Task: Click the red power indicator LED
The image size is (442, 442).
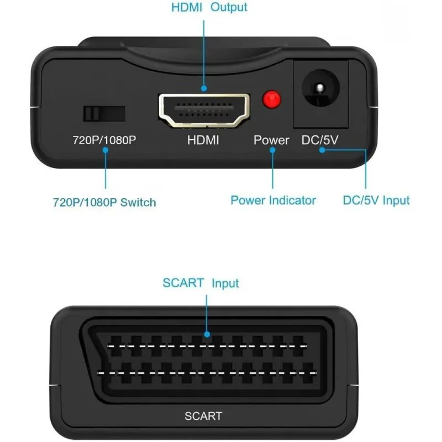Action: (x=271, y=99)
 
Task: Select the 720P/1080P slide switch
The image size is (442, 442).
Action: (x=104, y=113)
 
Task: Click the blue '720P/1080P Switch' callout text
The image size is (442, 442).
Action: (x=104, y=202)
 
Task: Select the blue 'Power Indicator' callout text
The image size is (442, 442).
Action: (x=273, y=200)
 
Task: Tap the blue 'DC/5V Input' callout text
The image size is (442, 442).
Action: (x=376, y=200)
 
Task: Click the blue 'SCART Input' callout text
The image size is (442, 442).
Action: (x=201, y=283)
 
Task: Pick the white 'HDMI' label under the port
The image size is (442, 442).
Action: (x=203, y=140)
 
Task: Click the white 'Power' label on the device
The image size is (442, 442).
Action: (x=271, y=140)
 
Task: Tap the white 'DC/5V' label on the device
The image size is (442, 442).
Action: (x=320, y=140)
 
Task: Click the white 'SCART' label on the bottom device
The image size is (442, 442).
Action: (x=203, y=416)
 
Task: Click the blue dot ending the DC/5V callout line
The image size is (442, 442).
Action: (x=322, y=150)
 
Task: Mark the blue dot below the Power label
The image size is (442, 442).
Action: (x=272, y=150)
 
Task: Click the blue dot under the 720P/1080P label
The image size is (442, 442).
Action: (x=104, y=150)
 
